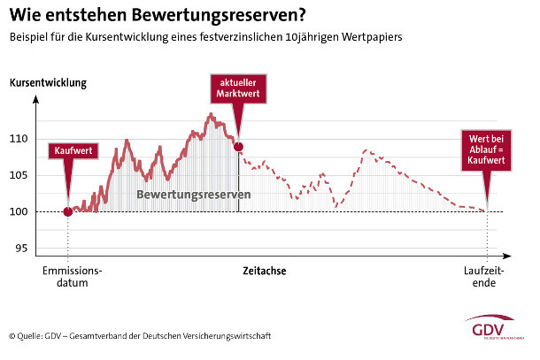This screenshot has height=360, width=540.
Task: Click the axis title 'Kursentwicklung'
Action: point(48,84)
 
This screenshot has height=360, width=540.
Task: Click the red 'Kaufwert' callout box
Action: point(72,150)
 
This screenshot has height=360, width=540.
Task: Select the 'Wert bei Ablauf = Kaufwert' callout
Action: point(486,149)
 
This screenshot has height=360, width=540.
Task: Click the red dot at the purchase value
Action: point(68,211)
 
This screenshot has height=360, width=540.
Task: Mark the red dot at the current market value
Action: point(237,146)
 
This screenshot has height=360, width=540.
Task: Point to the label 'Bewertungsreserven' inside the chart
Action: point(194,194)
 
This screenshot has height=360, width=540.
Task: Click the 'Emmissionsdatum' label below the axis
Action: point(73,278)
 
